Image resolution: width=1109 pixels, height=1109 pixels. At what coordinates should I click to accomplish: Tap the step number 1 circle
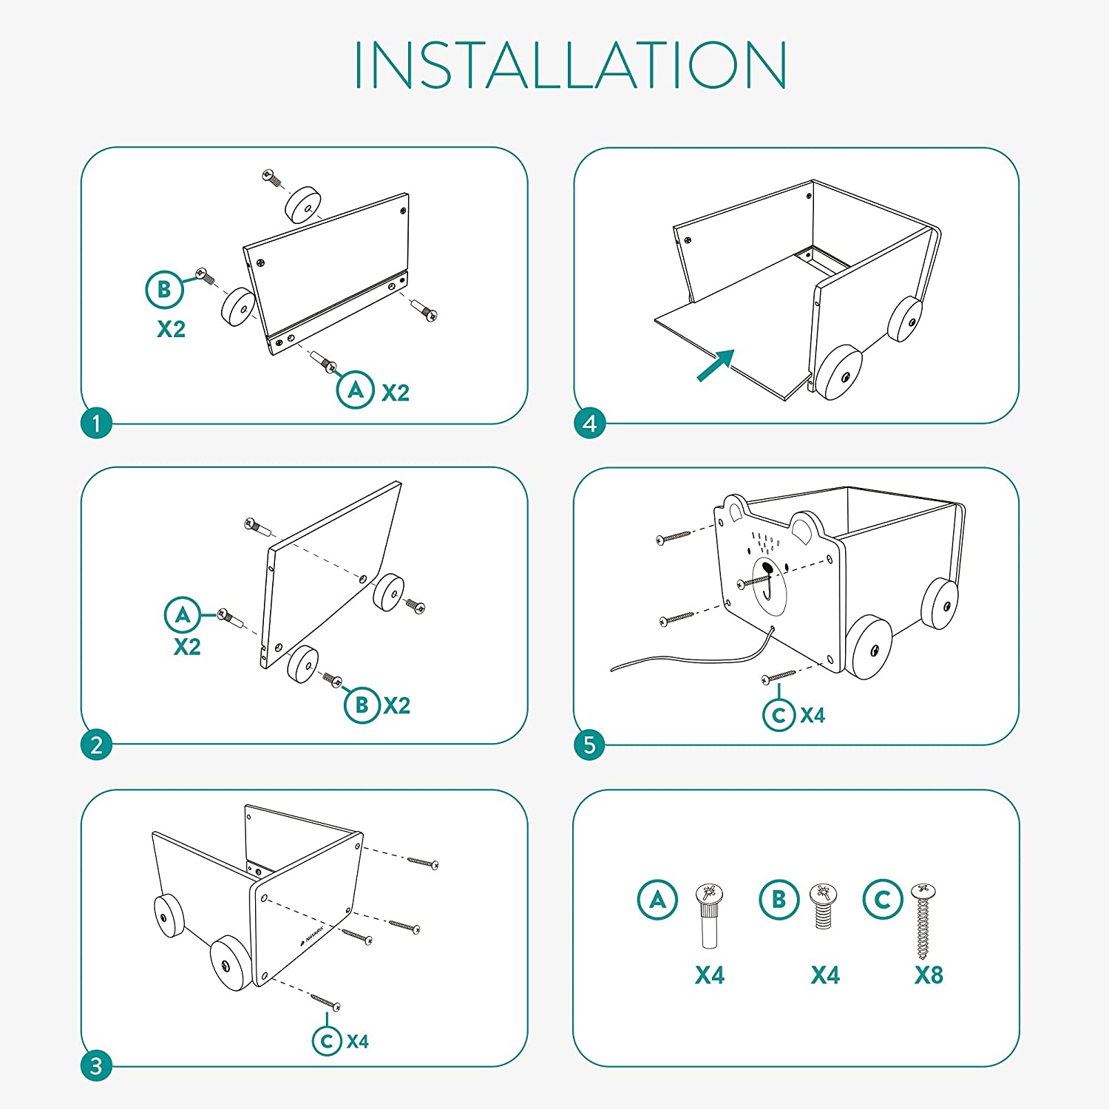96,424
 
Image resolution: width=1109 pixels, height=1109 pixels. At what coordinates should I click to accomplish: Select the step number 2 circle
96,745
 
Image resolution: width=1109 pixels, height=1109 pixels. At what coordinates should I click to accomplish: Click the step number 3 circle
96,1066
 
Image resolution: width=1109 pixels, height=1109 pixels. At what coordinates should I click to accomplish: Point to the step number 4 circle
589,424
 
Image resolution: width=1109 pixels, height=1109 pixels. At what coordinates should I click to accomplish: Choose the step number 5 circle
589,745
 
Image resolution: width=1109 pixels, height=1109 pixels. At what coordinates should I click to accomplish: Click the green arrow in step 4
715,365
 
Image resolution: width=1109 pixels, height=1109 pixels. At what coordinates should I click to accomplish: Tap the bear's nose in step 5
767,569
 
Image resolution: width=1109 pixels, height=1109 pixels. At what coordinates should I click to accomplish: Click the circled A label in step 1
355,390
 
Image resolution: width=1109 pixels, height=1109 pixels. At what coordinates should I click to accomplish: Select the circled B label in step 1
164,290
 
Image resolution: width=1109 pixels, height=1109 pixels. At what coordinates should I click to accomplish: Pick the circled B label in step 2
362,705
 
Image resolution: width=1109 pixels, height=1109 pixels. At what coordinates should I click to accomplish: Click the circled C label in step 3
327,1041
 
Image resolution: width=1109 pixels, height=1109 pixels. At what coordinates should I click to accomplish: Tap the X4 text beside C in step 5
813,715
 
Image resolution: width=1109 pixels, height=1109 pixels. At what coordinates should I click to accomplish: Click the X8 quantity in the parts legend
929,975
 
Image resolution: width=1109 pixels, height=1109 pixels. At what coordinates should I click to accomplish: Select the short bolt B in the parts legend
823,906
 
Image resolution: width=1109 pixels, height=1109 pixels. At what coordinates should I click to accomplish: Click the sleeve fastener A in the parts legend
709,915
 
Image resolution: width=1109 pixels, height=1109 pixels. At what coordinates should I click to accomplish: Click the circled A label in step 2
183,614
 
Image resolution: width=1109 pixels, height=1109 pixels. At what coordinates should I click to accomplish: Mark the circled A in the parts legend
657,900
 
